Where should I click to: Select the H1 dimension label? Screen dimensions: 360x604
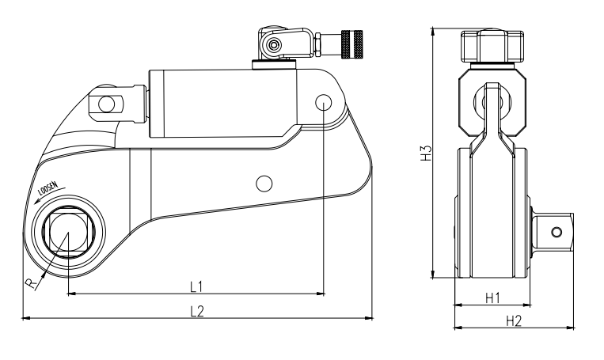click(x=491, y=297)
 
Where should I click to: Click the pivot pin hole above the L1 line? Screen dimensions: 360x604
click(x=324, y=103)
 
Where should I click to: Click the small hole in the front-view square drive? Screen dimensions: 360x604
click(x=557, y=231)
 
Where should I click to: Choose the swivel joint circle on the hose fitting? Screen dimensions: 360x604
click(x=273, y=45)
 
